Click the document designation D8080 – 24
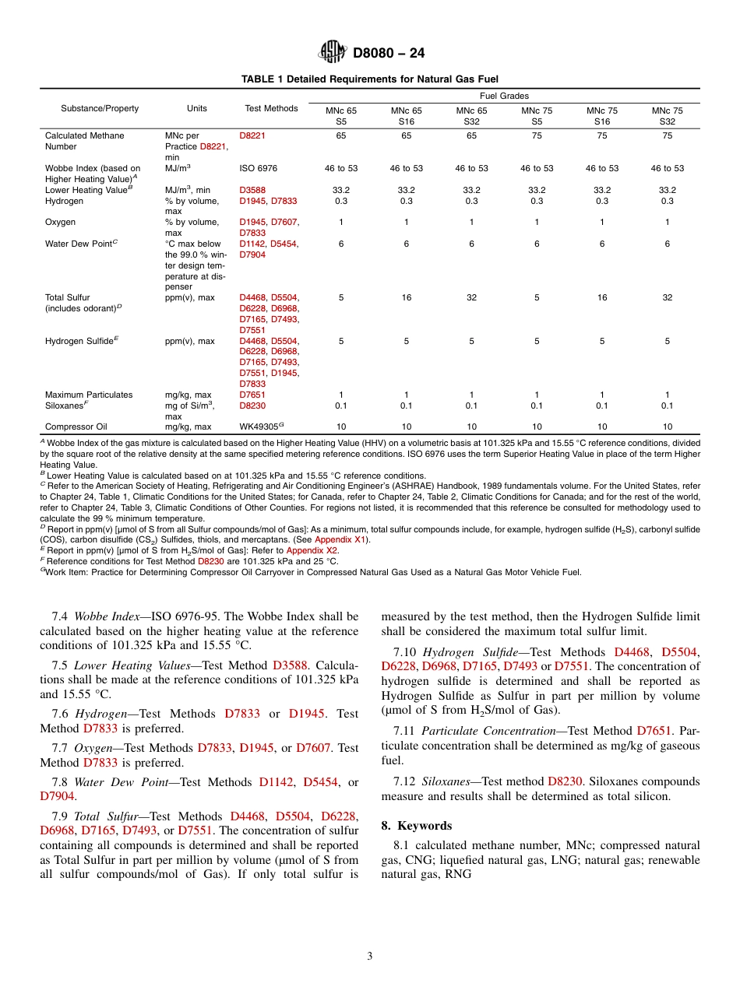tap(389, 54)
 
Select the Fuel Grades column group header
tap(504, 96)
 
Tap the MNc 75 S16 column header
tap(601, 116)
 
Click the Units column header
tap(197, 108)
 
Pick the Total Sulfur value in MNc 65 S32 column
tap(471, 297)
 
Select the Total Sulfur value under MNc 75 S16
tap(601, 297)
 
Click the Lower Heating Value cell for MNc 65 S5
tap(341, 190)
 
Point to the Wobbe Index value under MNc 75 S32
tap(667, 168)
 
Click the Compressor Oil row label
tap(76, 427)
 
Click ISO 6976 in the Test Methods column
tap(258, 168)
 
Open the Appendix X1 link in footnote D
tap(342, 540)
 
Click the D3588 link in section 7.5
tap(290, 665)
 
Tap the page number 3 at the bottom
tap(370, 957)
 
